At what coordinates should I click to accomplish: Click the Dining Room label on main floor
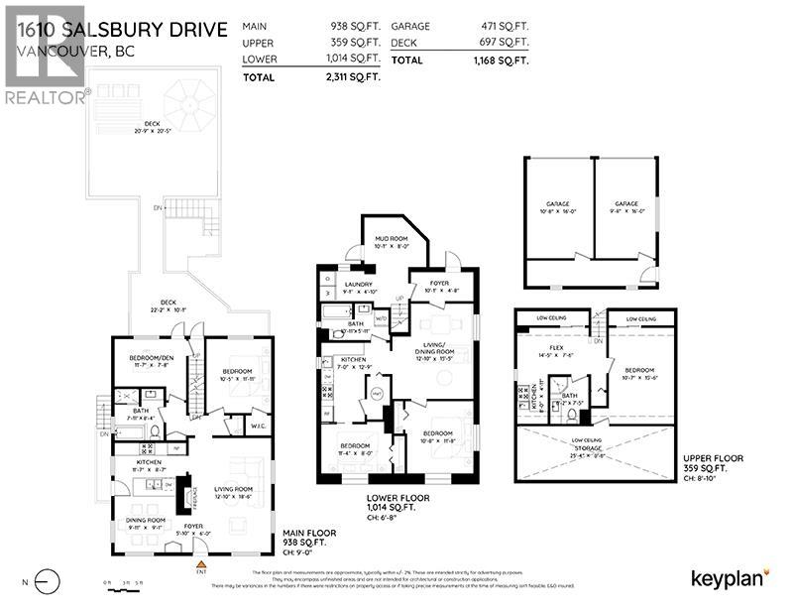pos(144,525)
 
